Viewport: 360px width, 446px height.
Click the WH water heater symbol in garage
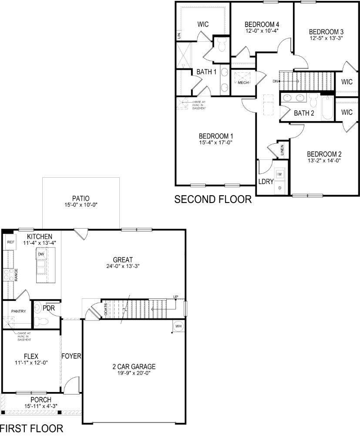tap(178, 326)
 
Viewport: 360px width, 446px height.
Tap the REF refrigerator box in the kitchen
tap(10, 242)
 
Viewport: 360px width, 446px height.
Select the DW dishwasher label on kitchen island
tap(41, 254)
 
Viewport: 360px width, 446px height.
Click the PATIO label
tap(81, 198)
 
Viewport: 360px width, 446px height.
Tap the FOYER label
tap(71, 356)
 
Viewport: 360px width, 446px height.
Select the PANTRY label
tap(19, 311)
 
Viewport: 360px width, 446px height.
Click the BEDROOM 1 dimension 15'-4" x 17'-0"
tap(213, 142)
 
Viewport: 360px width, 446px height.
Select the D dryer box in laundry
tap(280, 188)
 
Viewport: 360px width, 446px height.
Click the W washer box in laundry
tap(280, 174)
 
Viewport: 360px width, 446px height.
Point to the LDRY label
tap(266, 182)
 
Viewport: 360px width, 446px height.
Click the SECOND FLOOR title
tap(213, 199)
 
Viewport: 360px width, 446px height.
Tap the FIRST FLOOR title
tap(31, 429)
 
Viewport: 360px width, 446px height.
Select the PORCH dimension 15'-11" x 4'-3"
tap(41, 406)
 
